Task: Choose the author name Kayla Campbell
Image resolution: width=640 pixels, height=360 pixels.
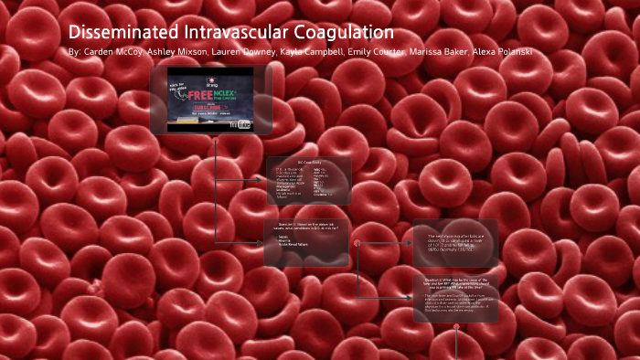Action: [x=312, y=52]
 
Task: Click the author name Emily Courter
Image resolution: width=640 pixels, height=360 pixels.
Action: [x=377, y=52]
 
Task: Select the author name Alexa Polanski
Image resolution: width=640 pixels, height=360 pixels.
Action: [x=502, y=52]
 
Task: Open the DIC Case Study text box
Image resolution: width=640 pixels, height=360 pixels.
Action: [x=308, y=182]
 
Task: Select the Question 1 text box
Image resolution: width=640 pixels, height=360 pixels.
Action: [x=306, y=242]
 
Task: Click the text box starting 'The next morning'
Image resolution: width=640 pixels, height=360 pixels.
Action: [x=455, y=242]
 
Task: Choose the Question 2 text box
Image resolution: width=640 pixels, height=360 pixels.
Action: [x=455, y=298]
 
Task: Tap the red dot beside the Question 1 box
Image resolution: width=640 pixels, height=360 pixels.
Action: [x=356, y=243]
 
